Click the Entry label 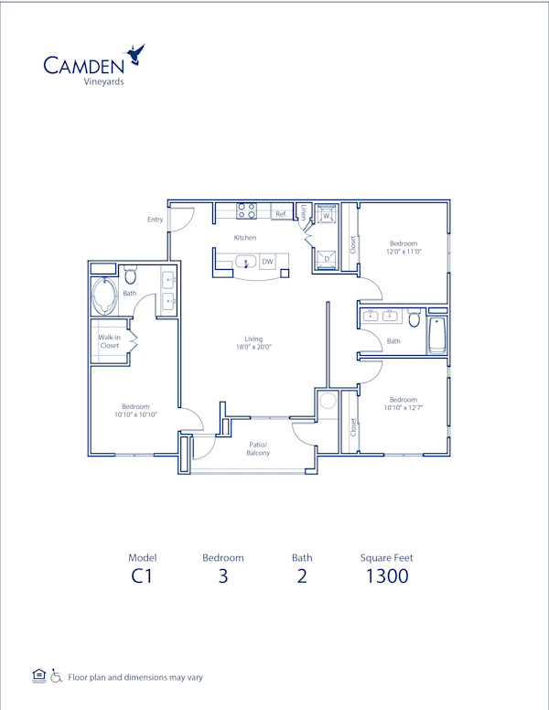(155, 220)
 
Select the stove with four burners (246, 210)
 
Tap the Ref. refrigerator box (282, 214)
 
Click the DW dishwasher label (267, 263)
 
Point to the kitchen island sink (246, 263)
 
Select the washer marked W (326, 216)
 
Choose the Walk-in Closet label (109, 341)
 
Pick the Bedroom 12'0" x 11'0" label (404, 247)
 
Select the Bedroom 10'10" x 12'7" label (404, 403)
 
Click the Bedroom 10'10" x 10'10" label (135, 411)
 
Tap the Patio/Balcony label (258, 448)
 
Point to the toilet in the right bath (414, 321)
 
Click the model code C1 (141, 576)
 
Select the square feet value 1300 (386, 576)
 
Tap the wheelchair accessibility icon (56, 677)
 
